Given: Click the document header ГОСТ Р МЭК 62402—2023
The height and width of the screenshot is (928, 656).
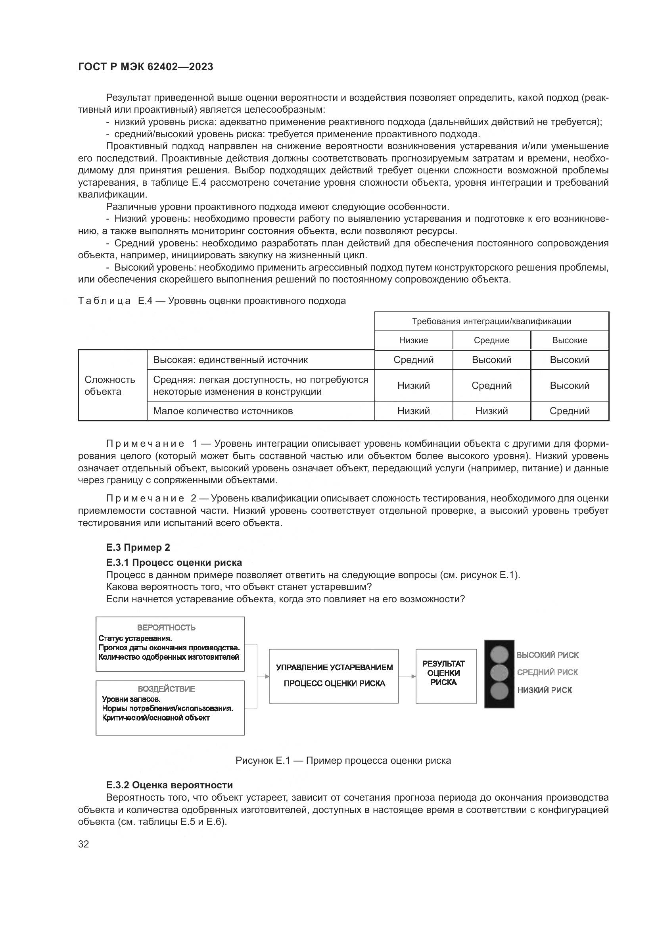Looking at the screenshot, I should tap(146, 67).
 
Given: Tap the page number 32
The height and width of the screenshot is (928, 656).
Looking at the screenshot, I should tap(84, 844).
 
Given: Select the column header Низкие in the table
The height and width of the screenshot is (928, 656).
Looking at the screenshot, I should tap(413, 340).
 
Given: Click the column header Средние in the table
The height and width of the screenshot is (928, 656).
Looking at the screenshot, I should tap(491, 340).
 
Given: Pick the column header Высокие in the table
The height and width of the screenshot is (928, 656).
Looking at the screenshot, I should tap(569, 340).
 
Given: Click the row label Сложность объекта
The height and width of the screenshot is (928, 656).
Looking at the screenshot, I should tap(109, 385).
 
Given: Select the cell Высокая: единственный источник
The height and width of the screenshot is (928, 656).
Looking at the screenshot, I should tap(230, 360).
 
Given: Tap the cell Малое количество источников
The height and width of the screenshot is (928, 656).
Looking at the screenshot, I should tap(223, 411).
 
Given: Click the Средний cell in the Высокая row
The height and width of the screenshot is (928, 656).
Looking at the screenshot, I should tap(413, 360).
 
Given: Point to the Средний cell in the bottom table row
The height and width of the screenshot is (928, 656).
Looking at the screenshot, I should tap(569, 411).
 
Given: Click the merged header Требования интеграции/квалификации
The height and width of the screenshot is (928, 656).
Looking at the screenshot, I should tap(491, 321).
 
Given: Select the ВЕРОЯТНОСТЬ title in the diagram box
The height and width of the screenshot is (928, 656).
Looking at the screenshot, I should tap(166, 628).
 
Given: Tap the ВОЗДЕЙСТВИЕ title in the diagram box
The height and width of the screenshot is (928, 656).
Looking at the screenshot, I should tap(166, 689).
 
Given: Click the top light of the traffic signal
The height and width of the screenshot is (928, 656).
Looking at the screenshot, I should tap(499, 654).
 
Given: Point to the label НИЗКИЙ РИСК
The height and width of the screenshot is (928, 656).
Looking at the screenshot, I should tap(544, 690).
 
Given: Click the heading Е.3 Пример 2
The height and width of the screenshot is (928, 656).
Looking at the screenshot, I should tap(138, 547).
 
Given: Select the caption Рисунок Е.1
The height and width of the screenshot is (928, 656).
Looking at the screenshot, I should tap(343, 761).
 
